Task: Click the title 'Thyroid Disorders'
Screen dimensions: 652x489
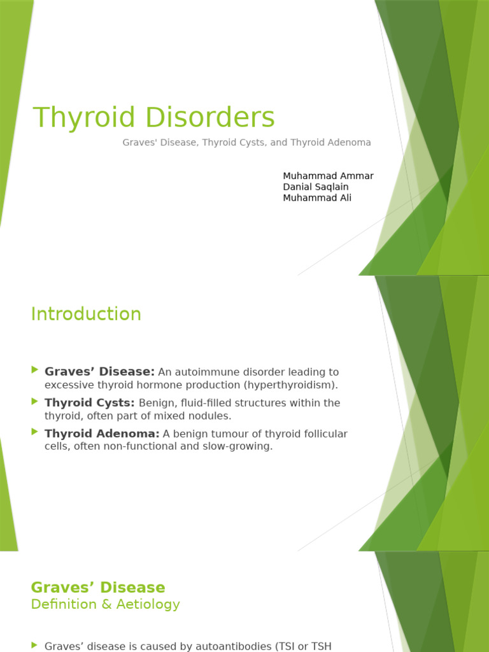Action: (153, 118)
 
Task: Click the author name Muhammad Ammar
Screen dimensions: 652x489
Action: (328, 176)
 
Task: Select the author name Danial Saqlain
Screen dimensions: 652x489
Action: (315, 187)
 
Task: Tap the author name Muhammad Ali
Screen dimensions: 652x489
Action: (316, 197)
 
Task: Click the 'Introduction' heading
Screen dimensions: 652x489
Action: (86, 314)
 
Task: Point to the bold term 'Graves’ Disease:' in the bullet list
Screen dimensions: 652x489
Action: (99, 371)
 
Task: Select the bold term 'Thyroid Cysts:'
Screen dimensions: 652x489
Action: (89, 402)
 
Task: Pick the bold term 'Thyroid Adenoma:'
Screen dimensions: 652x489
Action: (102, 434)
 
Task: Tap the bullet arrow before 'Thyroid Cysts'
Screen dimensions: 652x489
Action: (34, 401)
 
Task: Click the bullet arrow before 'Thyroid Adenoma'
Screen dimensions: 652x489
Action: (34, 432)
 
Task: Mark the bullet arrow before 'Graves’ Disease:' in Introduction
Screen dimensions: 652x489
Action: (34, 370)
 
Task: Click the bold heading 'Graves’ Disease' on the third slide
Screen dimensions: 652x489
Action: (98, 587)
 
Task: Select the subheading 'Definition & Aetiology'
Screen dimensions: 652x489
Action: (105, 604)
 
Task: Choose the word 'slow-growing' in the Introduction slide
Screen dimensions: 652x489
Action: (239, 446)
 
